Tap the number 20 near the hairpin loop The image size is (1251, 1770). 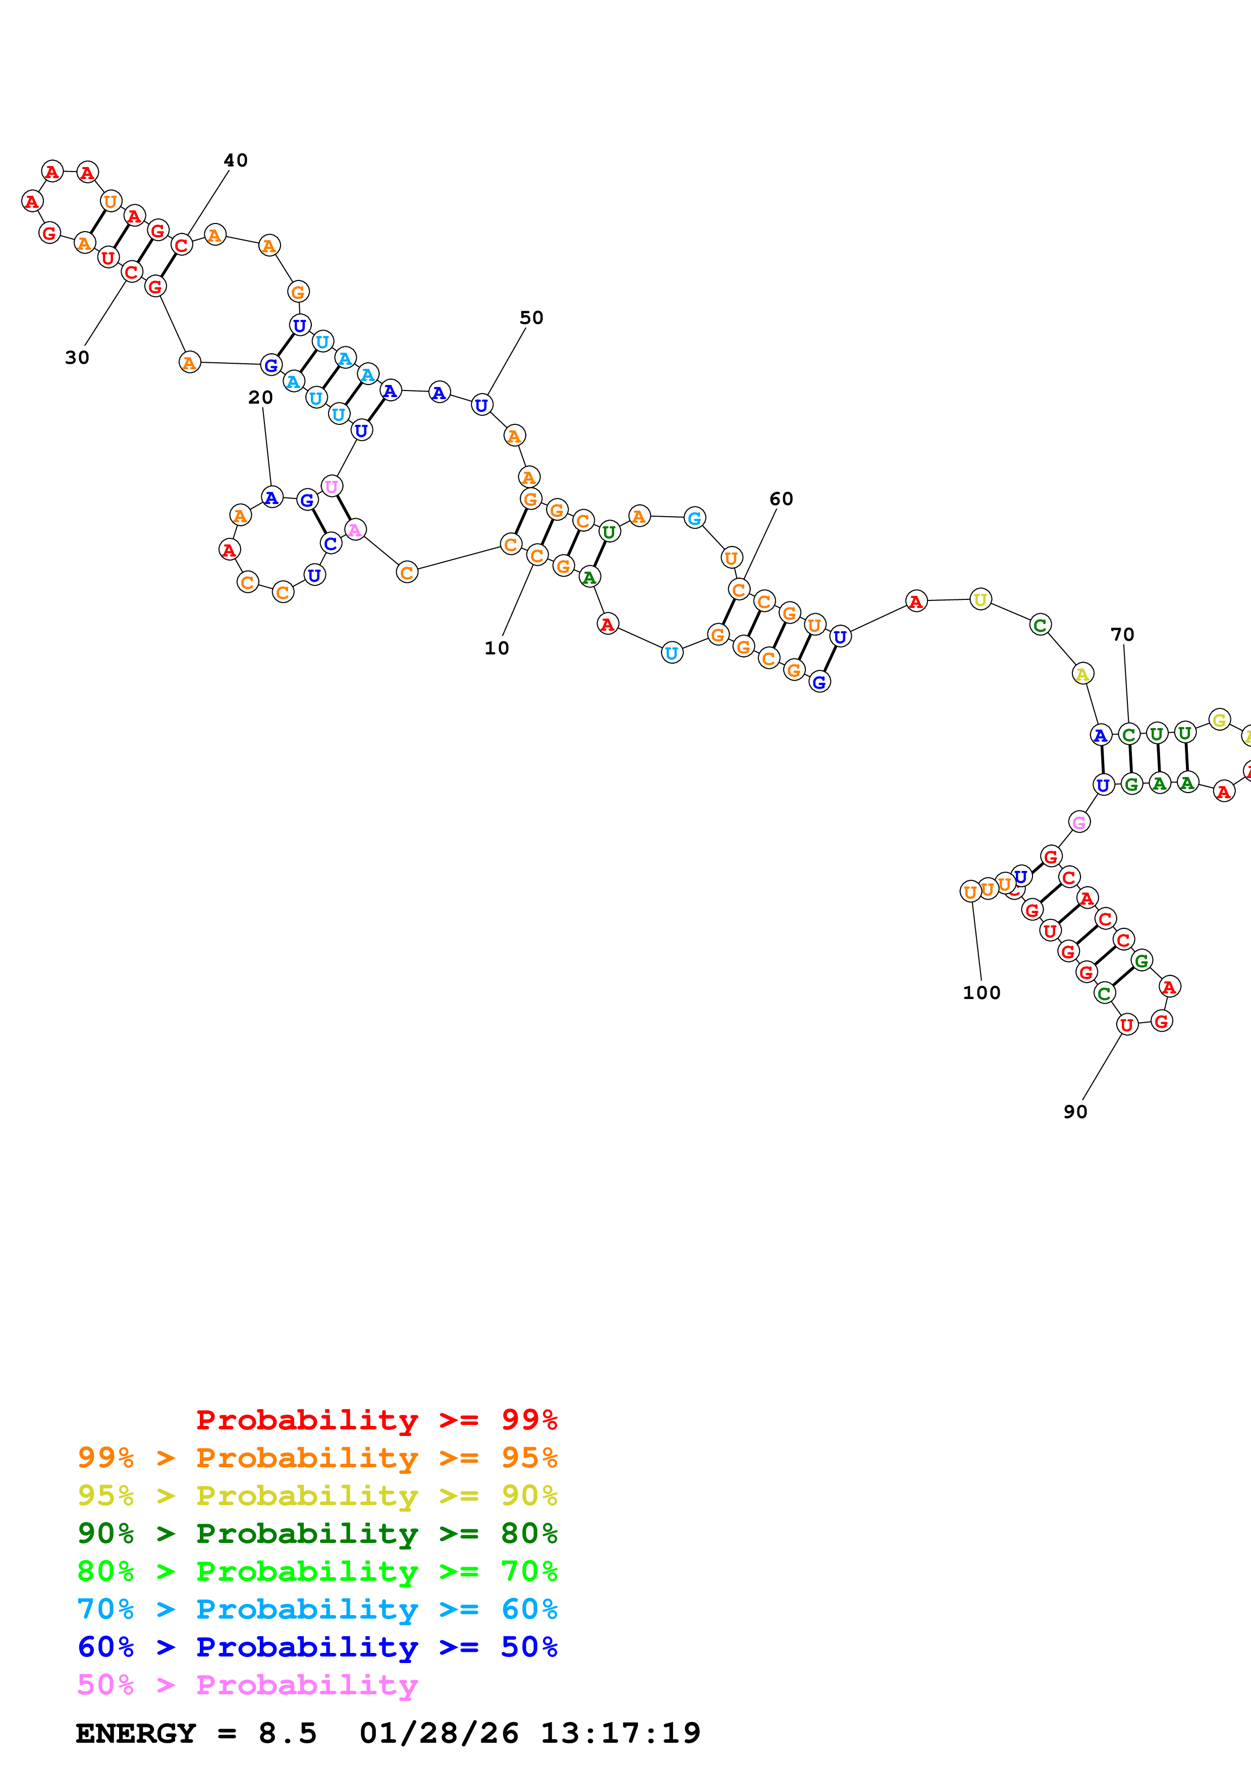[x=260, y=397]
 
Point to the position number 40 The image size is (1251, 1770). [x=236, y=160]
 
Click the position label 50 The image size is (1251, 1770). [x=531, y=317]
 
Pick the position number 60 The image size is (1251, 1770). [x=781, y=499]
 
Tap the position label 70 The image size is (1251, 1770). [x=1122, y=634]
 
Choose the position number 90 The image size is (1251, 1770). [x=1075, y=1112]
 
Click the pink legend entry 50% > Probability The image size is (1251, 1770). [x=247, y=1684]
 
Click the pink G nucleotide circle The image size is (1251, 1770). [x=1079, y=822]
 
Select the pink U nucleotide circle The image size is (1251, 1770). [x=332, y=486]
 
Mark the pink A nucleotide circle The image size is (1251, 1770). [x=355, y=530]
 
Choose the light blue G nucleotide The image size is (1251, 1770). [x=694, y=518]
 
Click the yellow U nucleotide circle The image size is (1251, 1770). [x=980, y=599]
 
